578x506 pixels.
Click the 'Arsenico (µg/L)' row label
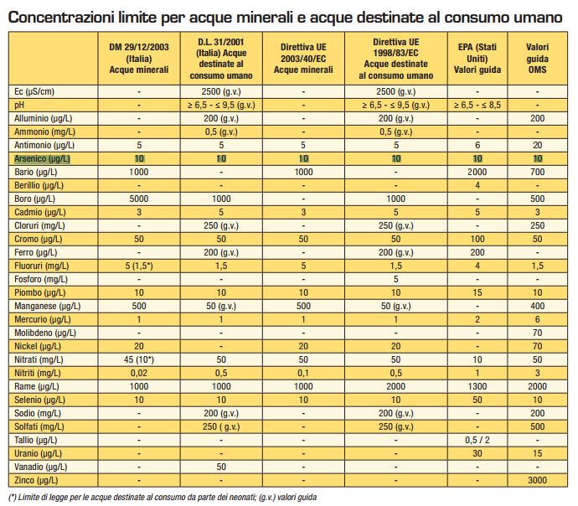coord(42,159)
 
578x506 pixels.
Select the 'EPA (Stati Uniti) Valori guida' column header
coord(477,59)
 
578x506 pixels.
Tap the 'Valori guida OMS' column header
coord(537,59)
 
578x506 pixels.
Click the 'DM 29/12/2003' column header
coord(139,47)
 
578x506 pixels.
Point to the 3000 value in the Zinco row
coord(537,480)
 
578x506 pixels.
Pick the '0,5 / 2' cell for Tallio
coord(477,440)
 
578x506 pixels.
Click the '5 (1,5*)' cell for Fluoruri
coord(139,266)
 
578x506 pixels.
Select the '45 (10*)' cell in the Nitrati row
coord(139,359)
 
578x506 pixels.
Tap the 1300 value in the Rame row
coord(477,386)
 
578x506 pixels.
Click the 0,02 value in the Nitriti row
coord(139,373)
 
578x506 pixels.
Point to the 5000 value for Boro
coord(139,199)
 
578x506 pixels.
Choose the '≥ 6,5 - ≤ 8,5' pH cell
coord(477,105)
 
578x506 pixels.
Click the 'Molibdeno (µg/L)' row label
coord(45,333)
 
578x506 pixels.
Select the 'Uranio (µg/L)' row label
coord(38,454)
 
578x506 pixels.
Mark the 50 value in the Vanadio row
coord(221,467)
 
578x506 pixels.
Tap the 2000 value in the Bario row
coord(477,172)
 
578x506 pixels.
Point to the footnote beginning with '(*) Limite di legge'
coord(163,497)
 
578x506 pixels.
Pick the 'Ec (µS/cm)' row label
coord(34,92)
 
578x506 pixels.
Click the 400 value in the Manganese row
coord(537,306)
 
